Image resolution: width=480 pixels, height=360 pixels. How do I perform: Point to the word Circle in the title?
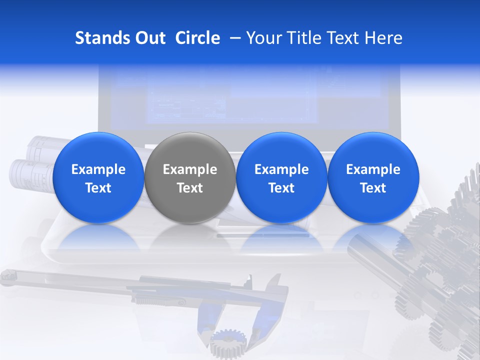pos(197,38)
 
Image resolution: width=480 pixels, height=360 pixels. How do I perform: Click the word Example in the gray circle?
pos(190,169)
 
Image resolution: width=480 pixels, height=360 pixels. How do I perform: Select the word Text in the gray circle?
pos(190,188)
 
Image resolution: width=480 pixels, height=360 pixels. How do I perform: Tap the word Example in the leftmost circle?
pos(98,169)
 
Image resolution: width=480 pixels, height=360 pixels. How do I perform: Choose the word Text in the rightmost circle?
pos(373,188)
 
